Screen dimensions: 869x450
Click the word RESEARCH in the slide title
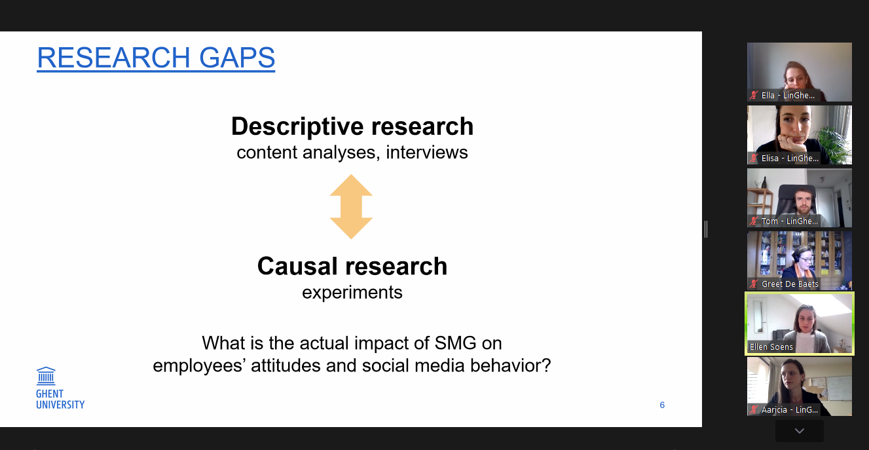pos(113,58)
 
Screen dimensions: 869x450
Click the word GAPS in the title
pos(237,58)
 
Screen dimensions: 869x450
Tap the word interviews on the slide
pos(427,152)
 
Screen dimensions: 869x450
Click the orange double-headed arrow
pos(351,206)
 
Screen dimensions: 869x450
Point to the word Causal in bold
pos(297,266)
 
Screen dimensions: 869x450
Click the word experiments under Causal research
pos(352,293)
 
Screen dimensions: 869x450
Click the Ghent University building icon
pos(46,375)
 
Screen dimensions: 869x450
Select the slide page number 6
pos(662,405)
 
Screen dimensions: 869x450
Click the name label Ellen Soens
pos(771,347)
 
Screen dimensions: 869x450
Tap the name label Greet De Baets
pos(790,284)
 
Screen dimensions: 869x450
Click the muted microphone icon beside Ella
pos(754,95)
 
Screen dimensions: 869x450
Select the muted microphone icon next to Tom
pos(754,221)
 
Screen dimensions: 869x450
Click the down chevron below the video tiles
pos(800,430)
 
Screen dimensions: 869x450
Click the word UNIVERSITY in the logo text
pos(60,405)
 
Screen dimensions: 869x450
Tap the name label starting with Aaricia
pos(790,409)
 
